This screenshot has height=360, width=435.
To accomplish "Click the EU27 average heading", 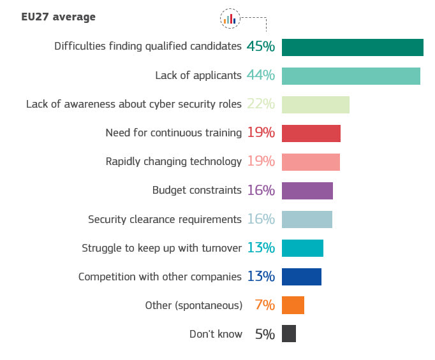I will [x=58, y=17].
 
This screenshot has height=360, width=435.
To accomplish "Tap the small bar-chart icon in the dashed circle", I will [x=230, y=19].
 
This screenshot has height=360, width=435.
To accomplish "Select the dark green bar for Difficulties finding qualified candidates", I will [x=352, y=47].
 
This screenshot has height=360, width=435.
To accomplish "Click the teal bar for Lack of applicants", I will [x=351, y=76].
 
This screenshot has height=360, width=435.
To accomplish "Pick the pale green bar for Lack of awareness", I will [x=315, y=104].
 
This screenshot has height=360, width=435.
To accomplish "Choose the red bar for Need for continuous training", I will [x=311, y=133].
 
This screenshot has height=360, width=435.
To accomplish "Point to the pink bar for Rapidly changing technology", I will [x=311, y=162].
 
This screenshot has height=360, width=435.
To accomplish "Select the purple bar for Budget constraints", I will [x=307, y=191].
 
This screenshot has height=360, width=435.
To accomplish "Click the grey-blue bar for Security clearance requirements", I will [x=307, y=219].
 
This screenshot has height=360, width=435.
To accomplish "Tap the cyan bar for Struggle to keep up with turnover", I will [x=302, y=248].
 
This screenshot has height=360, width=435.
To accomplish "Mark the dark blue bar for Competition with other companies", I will [x=301, y=277].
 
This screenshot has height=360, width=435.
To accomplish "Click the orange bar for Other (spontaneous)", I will [x=293, y=305].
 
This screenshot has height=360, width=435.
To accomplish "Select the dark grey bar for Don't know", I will [x=288, y=334].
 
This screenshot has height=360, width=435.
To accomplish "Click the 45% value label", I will [x=261, y=47].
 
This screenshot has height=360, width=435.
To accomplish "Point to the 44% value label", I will [x=261, y=75].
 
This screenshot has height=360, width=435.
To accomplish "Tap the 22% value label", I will [x=261, y=104].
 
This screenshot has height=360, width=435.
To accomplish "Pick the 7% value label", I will [x=265, y=305].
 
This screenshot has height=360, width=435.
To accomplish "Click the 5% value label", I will [x=265, y=334].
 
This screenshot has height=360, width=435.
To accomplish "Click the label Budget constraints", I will [x=196, y=190].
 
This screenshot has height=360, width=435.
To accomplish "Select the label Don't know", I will [x=216, y=334].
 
